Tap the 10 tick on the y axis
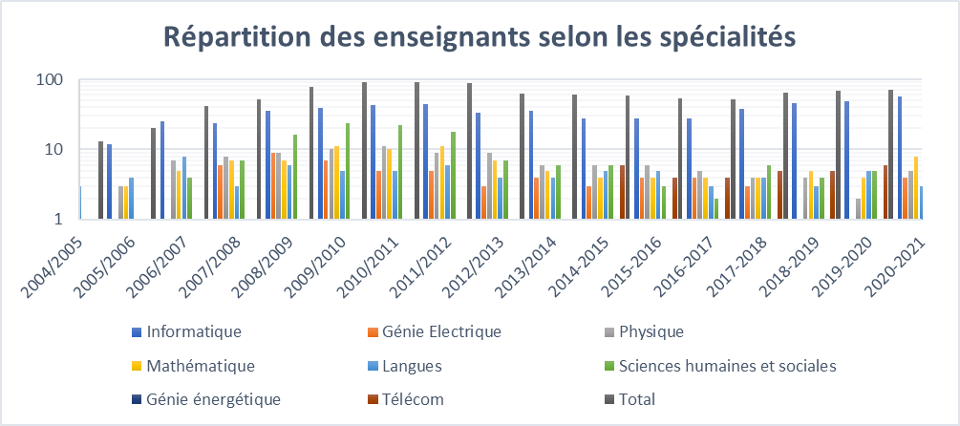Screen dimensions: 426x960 [x=53, y=150]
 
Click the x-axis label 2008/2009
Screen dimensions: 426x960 [x=264, y=250]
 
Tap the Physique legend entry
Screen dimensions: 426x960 [x=652, y=332]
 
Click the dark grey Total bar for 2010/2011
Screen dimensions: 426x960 [x=364, y=150]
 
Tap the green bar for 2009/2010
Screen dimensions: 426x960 [x=347, y=171]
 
